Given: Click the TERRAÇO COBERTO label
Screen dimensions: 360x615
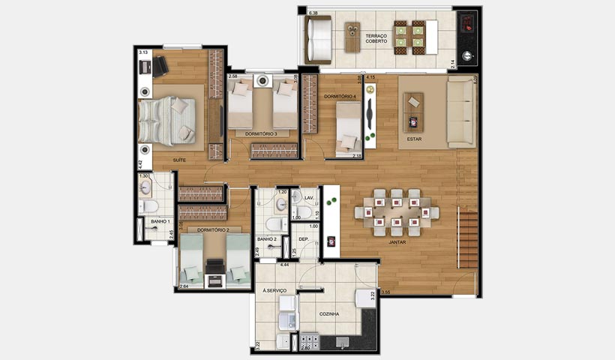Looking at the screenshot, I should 376,38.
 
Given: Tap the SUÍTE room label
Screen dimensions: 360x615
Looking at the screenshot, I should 179,160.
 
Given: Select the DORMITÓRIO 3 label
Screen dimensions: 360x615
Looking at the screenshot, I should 261,133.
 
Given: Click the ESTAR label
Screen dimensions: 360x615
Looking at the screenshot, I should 413,139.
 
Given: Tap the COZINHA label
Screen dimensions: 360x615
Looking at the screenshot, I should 328,314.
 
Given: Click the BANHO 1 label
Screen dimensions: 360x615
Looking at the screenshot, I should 160,222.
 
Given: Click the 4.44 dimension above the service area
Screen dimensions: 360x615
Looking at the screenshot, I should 285,265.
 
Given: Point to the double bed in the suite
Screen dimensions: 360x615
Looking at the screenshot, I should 169,119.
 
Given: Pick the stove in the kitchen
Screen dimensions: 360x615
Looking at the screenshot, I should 308,343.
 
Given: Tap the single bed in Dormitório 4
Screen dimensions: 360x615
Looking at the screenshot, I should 346,129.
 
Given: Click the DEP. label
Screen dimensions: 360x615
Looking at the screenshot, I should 304,239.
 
